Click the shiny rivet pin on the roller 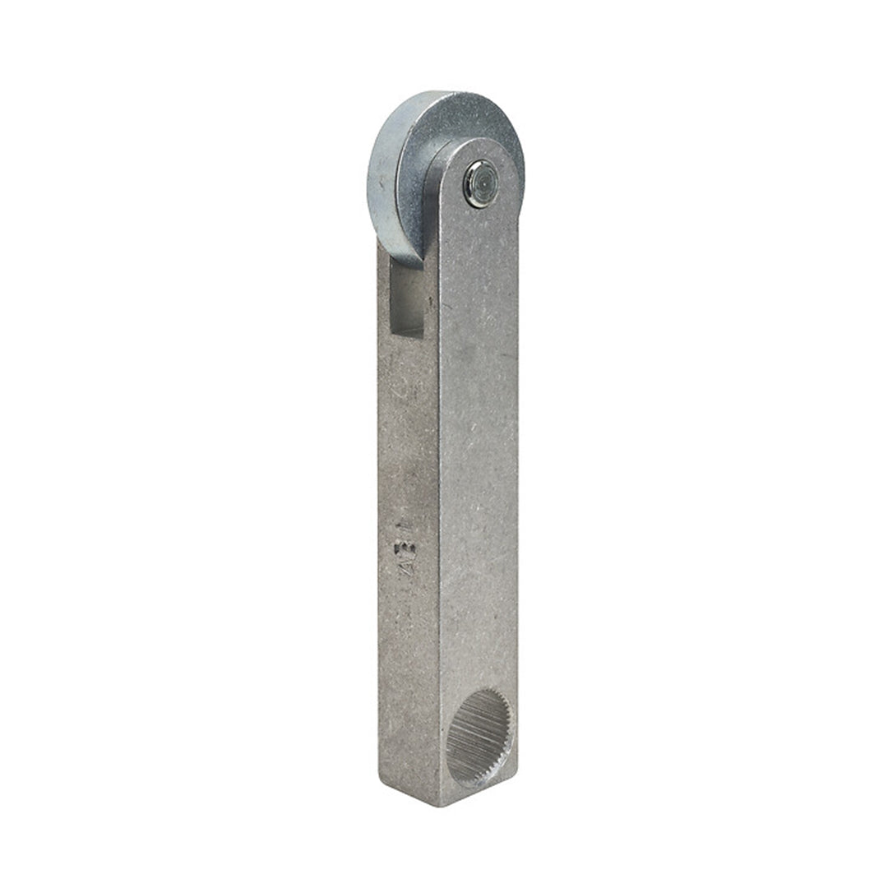[x=480, y=183]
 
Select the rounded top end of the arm [x=481, y=148]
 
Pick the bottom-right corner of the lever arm [x=517, y=781]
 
